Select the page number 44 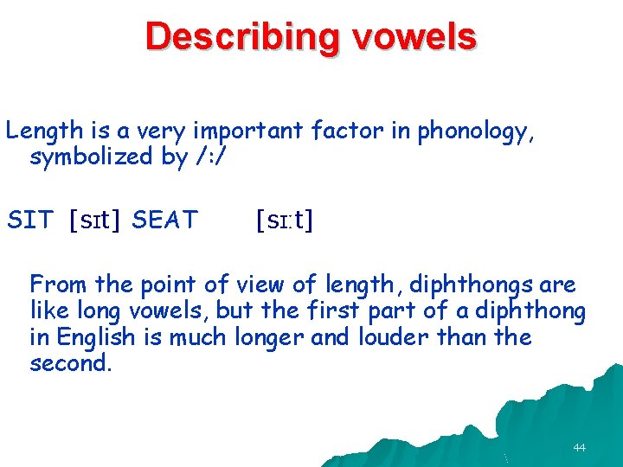(579, 448)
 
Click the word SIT (30, 221)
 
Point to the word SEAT (165, 221)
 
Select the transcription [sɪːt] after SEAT (285, 221)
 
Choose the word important (248, 131)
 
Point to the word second (69, 363)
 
